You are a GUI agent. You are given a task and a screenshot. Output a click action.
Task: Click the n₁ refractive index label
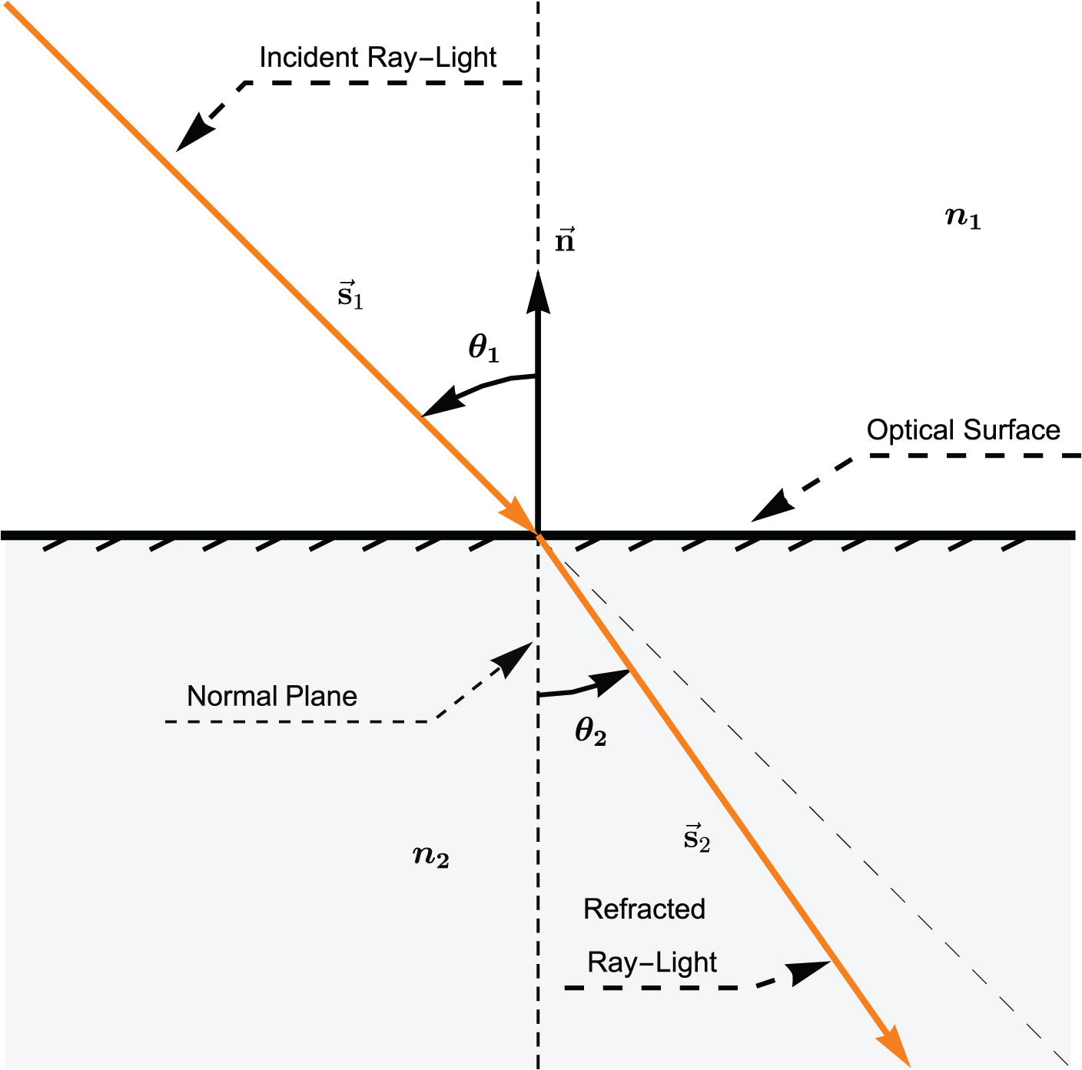[x=962, y=219]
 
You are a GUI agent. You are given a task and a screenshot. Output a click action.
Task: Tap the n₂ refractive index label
[x=430, y=856]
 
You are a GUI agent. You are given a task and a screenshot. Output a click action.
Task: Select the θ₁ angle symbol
[x=483, y=349]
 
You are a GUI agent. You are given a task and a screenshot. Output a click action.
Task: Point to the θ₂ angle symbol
[x=590, y=731]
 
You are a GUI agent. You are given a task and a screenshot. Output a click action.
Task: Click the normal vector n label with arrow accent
[x=565, y=240]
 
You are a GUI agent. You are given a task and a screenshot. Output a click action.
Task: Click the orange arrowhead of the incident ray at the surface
[x=519, y=515]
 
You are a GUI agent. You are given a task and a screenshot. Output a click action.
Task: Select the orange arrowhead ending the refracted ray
[x=894, y=1049]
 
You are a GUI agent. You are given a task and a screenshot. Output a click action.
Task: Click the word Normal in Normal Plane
[x=227, y=696]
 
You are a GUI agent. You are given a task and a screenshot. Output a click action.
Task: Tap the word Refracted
[x=644, y=909]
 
